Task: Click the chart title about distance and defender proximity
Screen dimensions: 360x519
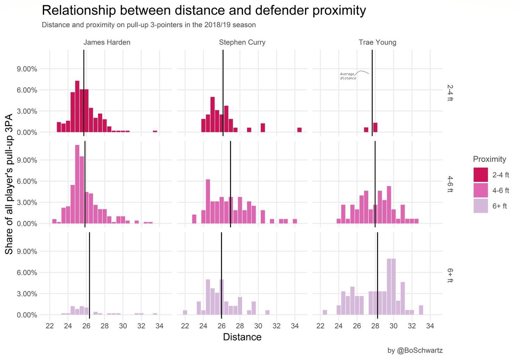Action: pos(203,11)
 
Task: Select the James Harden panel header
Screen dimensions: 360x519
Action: pos(104,43)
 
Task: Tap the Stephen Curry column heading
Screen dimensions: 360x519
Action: pos(242,43)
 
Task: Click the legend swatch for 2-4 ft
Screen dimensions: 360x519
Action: pos(481,175)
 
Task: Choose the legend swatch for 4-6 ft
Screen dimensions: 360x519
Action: pos(481,190)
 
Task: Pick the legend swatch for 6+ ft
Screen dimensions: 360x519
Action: pos(481,205)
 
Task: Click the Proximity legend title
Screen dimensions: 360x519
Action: pos(490,159)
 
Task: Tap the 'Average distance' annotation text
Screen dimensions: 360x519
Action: pos(348,76)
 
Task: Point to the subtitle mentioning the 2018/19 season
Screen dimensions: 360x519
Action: pos(149,25)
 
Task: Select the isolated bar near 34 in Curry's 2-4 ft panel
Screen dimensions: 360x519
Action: pos(299,130)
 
